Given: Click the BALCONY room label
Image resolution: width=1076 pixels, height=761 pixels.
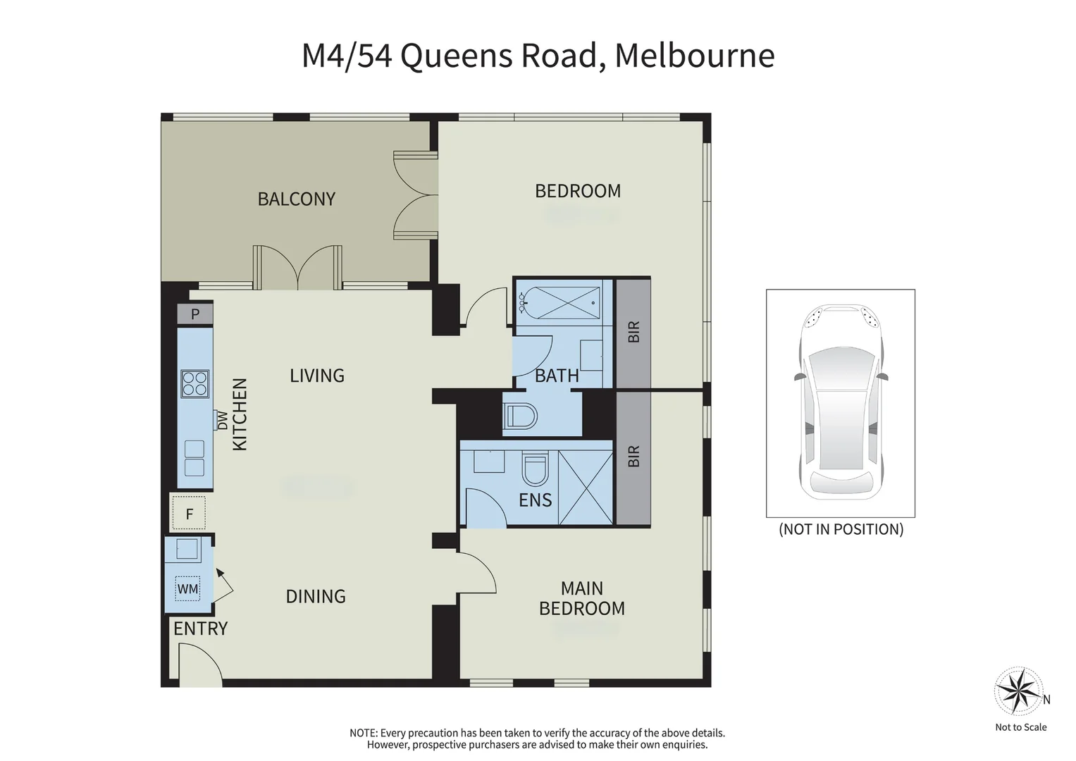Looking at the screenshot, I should coord(296,199).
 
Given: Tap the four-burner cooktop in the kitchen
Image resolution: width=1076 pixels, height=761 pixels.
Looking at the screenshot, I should coord(195,384).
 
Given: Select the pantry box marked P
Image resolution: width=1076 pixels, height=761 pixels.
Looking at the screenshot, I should coord(195,314).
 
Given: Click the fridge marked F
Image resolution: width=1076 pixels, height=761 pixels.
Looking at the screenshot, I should coord(189,514).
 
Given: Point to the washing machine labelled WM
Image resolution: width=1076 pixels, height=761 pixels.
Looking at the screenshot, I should coord(187,588).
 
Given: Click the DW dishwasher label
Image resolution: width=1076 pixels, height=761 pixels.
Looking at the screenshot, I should coord(223,421).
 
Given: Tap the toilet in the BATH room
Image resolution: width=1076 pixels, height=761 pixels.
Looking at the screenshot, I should coord(520,416).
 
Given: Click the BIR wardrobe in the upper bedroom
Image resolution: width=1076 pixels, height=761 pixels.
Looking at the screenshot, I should coord(633,332).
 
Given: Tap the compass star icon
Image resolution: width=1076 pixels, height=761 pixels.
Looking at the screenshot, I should coord(1018,691).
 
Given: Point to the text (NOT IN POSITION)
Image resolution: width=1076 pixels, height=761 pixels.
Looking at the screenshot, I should coord(841,529).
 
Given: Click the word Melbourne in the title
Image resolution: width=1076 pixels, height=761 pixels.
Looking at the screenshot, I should coord(694,56).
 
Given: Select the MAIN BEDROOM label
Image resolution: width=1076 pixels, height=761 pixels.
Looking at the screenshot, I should coord(582,598).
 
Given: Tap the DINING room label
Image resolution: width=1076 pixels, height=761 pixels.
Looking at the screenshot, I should coord(316,597).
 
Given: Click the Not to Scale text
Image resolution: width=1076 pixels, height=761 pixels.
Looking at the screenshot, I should coord(1020,727).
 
